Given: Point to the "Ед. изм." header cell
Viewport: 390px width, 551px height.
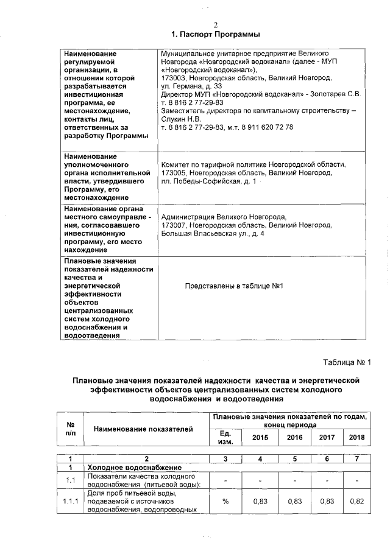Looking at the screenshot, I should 225,437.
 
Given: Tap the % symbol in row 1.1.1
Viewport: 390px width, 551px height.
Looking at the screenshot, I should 225,501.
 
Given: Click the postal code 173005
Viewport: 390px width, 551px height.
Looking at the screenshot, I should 173,174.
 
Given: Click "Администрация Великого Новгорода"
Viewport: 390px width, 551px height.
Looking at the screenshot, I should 223,217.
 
